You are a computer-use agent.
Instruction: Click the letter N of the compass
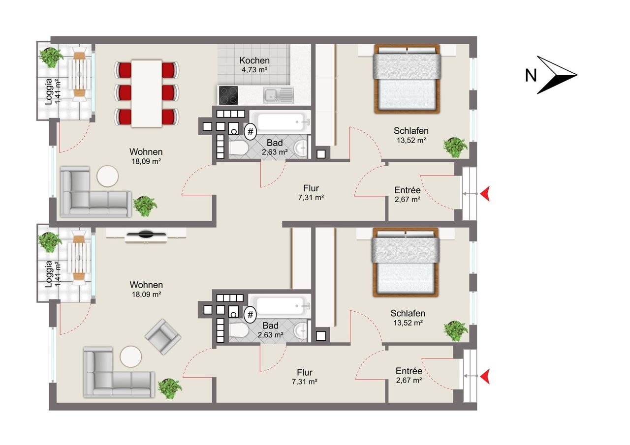point(531,76)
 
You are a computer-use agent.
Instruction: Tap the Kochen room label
point(254,60)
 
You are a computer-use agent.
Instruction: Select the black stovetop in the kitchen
point(228,95)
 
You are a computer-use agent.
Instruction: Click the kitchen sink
point(279,95)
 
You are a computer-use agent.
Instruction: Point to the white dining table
point(147,93)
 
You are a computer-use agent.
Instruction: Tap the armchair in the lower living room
point(163,336)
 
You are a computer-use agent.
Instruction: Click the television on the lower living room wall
point(146,234)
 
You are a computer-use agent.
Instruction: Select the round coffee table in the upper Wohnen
point(107,176)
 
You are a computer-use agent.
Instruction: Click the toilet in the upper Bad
point(238,148)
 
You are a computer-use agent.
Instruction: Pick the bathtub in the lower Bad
point(280,306)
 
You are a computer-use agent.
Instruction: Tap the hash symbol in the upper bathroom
point(251,131)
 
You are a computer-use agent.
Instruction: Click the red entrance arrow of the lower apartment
point(485,377)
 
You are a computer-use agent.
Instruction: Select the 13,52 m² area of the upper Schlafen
point(411,140)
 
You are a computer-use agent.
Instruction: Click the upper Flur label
point(311,188)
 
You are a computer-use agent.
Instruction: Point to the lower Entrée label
point(409,371)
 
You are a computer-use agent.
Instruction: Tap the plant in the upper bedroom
point(455,147)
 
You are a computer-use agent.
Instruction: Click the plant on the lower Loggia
point(50,242)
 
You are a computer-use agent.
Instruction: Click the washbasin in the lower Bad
point(300,330)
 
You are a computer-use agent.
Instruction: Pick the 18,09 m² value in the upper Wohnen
point(146,162)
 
